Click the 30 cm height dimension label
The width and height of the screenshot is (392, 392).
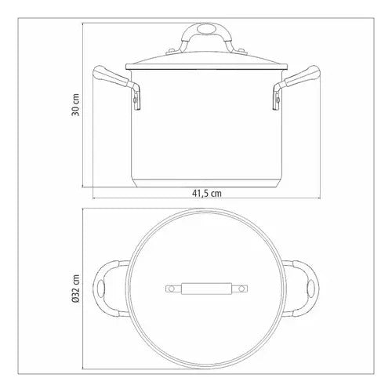coord(75,104)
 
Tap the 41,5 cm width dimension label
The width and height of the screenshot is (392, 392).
coord(207,194)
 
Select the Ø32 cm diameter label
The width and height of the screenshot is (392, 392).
coord(75,289)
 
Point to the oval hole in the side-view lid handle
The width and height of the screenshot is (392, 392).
coord(206,29)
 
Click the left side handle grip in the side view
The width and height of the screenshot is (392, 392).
coord(111,76)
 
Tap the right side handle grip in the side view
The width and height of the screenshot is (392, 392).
coord(302,76)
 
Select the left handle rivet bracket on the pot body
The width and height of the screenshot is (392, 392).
coord(137,100)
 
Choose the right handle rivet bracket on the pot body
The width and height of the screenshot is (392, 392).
coord(277,100)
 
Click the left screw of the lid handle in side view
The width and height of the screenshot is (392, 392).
coord(172,51)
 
